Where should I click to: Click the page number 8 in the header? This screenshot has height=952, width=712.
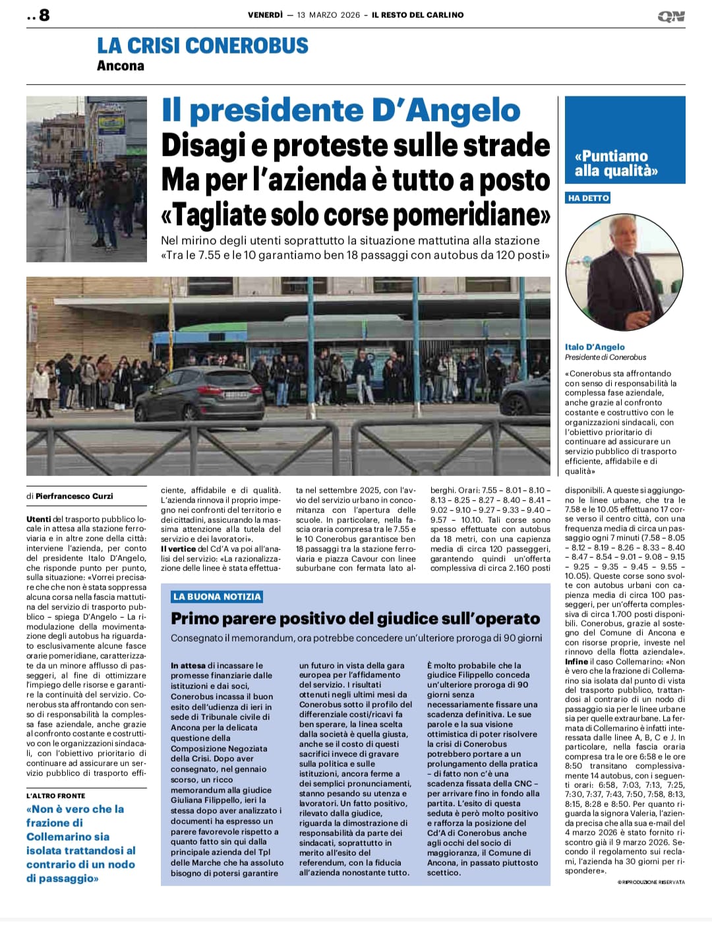(44, 15)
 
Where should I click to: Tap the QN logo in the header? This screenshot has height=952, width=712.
(671, 16)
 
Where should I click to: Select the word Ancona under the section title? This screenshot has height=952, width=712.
(120, 65)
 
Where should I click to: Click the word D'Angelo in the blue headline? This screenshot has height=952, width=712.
(446, 110)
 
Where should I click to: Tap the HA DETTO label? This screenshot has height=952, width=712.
(588, 198)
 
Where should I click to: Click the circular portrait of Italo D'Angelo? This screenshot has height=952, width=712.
(614, 273)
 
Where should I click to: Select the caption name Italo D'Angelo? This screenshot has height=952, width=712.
(595, 347)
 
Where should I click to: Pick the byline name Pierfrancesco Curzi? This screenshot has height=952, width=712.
(74, 496)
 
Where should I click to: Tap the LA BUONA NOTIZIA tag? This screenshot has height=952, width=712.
(217, 597)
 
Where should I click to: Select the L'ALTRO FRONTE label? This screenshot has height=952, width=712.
(56, 796)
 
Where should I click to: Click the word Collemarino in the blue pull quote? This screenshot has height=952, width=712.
(59, 837)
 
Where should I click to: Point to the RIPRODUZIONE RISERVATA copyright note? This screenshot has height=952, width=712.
(651, 882)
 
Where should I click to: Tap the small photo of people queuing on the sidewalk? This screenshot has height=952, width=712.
(86, 179)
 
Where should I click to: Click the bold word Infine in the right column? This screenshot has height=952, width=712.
(576, 661)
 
